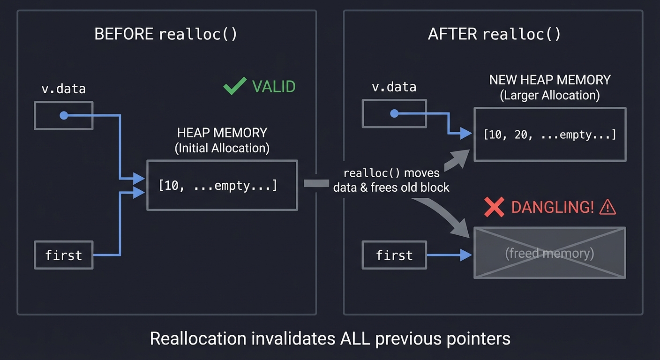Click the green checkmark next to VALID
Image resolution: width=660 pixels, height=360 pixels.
[234, 86]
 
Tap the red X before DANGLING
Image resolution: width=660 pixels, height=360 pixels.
[494, 207]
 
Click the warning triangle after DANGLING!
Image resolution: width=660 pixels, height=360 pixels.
[607, 207]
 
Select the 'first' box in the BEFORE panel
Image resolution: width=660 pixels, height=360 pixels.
[64, 255]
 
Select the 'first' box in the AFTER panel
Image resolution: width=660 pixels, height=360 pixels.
[394, 255]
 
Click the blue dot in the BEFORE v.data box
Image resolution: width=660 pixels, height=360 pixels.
[64, 115]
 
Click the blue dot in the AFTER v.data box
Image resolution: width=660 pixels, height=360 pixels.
[394, 113]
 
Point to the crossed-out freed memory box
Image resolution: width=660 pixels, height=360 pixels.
[549, 253]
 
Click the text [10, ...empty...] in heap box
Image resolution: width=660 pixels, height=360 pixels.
[218, 186]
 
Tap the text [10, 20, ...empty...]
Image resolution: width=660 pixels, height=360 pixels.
[549, 135]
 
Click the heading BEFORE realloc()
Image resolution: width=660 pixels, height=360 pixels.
[165, 34]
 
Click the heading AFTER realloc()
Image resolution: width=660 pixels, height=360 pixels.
[494, 34]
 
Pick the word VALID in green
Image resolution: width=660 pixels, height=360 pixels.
[274, 87]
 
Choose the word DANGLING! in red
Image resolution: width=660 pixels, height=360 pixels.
[552, 207]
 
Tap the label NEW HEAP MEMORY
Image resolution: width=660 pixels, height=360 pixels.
[549, 80]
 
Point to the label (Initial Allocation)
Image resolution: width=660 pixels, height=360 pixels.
[222, 148]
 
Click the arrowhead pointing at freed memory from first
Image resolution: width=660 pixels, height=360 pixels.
[466, 255]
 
